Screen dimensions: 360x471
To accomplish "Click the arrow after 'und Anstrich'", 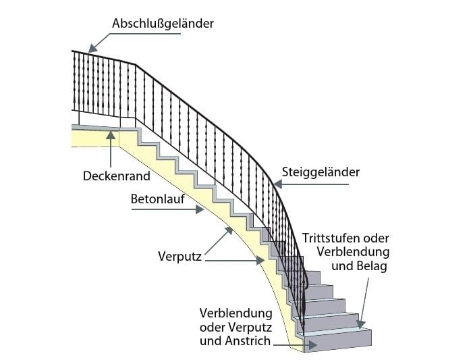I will [297, 343].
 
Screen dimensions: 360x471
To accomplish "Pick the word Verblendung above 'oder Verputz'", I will [235, 314].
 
